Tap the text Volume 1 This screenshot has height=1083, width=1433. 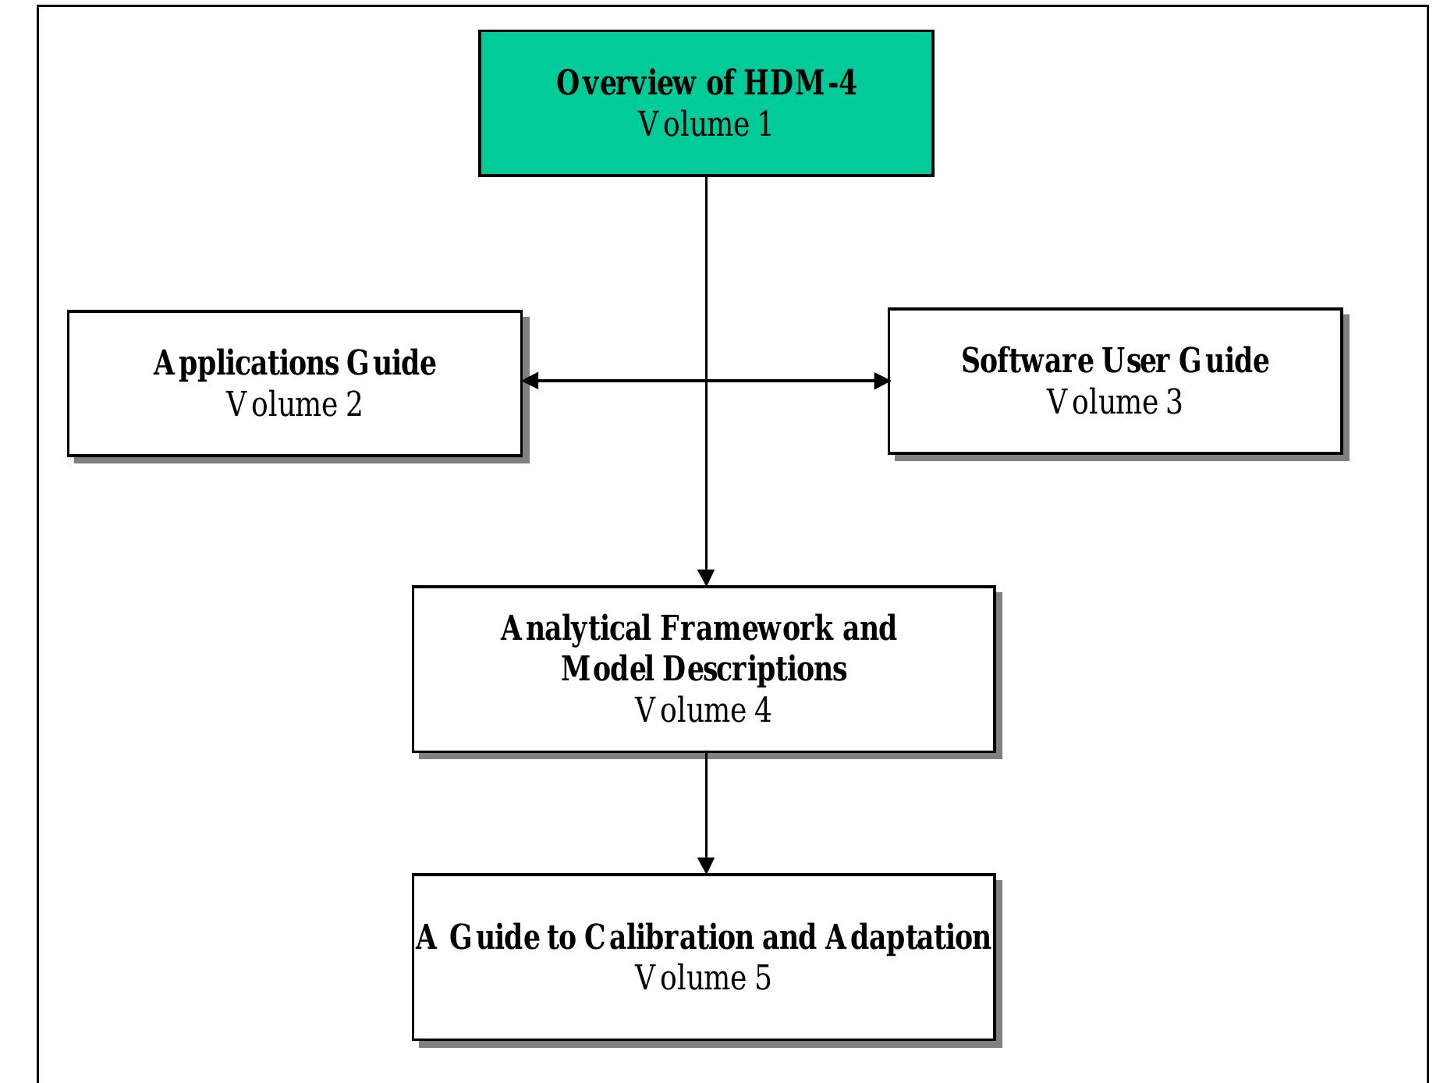[705, 125]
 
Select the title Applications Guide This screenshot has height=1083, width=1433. [294, 364]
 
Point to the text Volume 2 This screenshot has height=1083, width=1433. [294, 405]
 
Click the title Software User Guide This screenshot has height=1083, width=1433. [1115, 361]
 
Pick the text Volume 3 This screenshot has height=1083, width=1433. [1114, 403]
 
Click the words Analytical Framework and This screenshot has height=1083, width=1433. [698, 629]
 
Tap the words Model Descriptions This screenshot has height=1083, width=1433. [704, 669]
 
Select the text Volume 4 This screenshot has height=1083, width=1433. [703, 711]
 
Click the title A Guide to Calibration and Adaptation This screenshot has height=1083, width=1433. [704, 938]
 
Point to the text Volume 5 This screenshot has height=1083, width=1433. [703, 978]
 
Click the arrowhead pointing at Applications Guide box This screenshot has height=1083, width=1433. [530, 381]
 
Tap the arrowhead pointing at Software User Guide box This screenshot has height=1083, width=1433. [881, 381]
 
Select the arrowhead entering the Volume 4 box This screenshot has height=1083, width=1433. [706, 578]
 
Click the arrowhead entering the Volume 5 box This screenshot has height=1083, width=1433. [706, 866]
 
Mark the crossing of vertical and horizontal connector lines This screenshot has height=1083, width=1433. [706, 381]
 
